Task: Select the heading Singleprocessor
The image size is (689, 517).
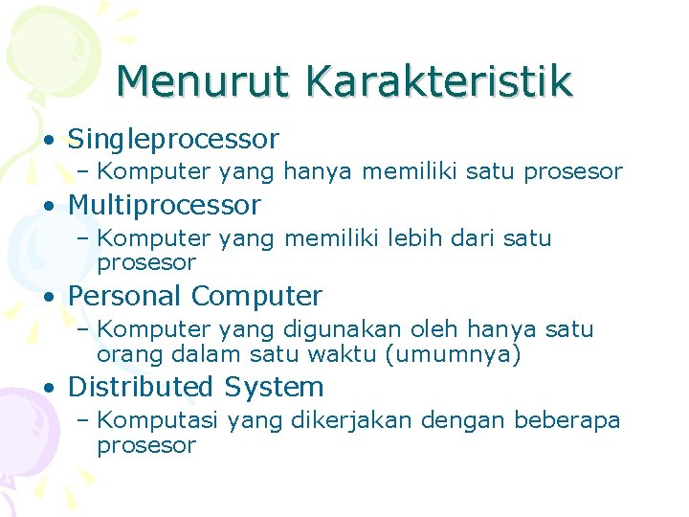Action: (x=173, y=140)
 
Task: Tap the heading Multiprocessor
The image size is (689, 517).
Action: (x=164, y=205)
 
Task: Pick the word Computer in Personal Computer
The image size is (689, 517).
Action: (x=257, y=296)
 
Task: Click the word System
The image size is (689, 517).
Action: (x=274, y=387)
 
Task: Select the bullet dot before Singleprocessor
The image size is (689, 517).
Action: (x=48, y=141)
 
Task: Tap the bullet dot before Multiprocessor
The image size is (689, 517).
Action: (x=48, y=206)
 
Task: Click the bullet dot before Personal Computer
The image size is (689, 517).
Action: (x=48, y=297)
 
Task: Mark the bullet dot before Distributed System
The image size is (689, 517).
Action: (x=48, y=388)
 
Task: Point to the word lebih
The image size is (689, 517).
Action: (x=413, y=237)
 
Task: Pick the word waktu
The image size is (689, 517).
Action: (x=351, y=354)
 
